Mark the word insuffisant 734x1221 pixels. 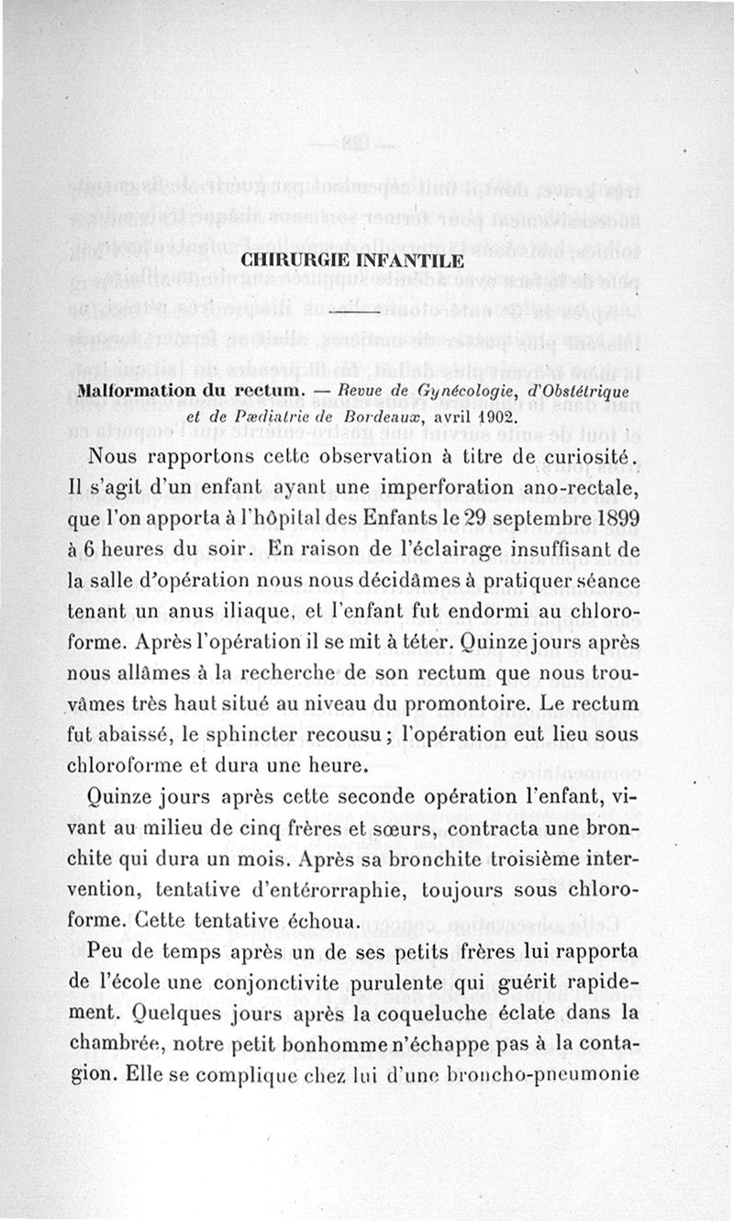(x=551, y=551)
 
